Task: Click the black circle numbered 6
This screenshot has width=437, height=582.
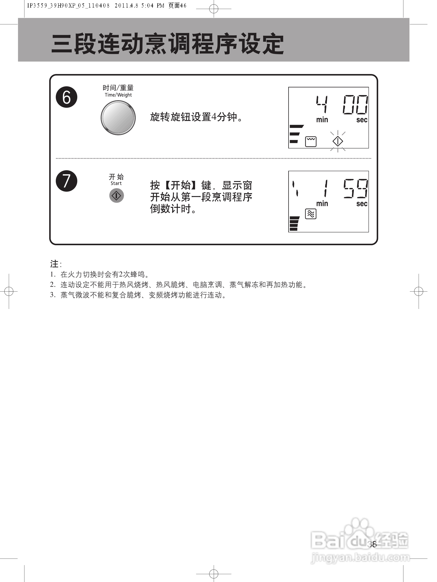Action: (x=66, y=97)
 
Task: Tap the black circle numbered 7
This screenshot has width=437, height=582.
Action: (x=66, y=181)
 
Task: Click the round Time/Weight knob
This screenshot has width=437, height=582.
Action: (x=118, y=118)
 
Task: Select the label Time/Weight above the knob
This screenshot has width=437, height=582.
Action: (x=118, y=95)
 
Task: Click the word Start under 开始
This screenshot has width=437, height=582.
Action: (x=116, y=183)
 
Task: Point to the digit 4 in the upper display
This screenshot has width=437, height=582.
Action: (x=322, y=104)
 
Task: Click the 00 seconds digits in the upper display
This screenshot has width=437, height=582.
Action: (x=355, y=104)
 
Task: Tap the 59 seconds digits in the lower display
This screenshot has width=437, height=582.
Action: (x=355, y=188)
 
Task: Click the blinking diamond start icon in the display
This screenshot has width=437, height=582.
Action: (x=338, y=141)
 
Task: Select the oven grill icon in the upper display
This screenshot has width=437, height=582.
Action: (x=311, y=141)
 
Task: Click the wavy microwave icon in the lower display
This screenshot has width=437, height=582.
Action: (x=311, y=214)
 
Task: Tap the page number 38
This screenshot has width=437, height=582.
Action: (x=372, y=544)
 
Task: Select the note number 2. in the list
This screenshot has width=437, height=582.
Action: (x=53, y=284)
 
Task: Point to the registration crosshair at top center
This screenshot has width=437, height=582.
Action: (x=214, y=9)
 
